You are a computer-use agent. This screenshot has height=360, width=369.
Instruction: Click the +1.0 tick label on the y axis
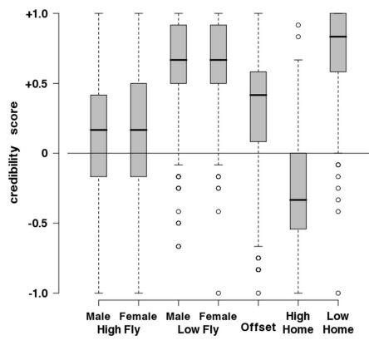coord(37,14)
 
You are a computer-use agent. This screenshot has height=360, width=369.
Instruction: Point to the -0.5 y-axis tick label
coord(39,223)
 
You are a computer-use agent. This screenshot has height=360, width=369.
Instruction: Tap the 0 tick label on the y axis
coord(45,153)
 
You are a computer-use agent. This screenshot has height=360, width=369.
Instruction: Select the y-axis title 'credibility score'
coord(14,153)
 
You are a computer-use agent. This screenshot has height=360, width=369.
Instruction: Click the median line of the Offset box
coord(258,95)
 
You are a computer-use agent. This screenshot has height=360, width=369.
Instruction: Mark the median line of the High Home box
coord(298,200)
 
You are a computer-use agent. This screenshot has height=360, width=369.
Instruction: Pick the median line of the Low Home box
coord(338,37)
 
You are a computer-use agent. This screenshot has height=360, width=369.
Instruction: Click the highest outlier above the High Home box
coord(298,25)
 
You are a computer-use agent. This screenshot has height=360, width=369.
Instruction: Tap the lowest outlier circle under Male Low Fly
coord(179,246)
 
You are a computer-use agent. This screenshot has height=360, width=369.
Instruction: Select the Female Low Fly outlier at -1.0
coord(219,293)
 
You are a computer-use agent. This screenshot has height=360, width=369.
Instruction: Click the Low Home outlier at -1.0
coord(338,293)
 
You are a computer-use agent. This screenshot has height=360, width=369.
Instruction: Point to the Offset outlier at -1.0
coord(258,293)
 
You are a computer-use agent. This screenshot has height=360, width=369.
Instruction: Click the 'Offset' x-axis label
coord(258,328)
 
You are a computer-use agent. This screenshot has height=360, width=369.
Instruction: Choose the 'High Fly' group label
coord(119,330)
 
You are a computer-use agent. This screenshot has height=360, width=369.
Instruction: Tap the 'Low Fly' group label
coord(198,330)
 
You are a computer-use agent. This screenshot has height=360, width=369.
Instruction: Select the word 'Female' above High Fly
coord(138,317)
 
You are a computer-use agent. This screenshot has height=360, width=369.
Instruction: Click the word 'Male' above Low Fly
coord(178,317)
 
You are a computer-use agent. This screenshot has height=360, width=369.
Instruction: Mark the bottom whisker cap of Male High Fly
coord(99,293)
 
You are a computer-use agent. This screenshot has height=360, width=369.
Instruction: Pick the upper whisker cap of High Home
coord(298,60)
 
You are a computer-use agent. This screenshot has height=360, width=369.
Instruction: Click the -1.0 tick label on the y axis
coord(39,293)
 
